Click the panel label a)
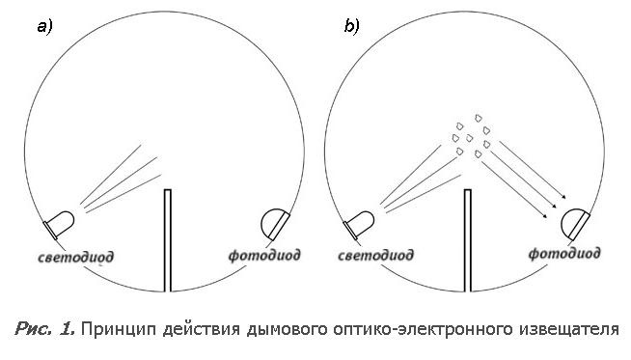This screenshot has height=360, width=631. click(44, 27)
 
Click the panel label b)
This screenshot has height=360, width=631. click(352, 26)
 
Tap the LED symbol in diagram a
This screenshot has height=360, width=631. click(59, 225)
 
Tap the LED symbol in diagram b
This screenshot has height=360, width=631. click(359, 225)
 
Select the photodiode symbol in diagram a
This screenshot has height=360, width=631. click(275, 224)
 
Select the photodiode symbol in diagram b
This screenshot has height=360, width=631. click(575, 224)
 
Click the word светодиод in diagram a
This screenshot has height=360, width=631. click(75, 258)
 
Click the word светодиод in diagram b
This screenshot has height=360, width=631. click(375, 256)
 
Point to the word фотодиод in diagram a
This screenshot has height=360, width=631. click(264, 256)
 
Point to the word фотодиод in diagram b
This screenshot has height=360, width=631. click(564, 254)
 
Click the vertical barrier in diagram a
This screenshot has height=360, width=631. click(168, 240)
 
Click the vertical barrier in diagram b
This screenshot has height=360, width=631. click(468, 240)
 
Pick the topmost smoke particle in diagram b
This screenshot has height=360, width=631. click(479, 118)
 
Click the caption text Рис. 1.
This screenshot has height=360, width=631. click(44, 329)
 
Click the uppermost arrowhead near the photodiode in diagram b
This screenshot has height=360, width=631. click(564, 197)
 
